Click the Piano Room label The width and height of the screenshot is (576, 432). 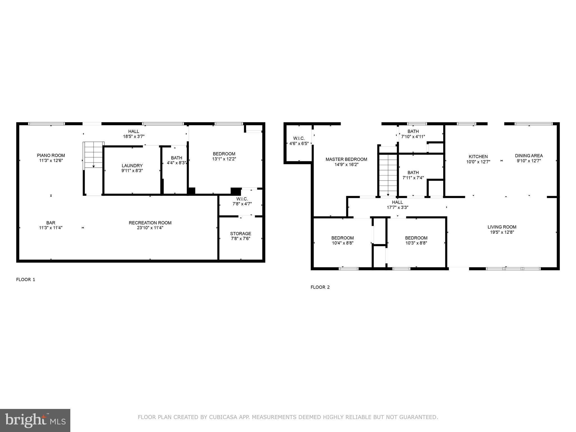tap(51, 155)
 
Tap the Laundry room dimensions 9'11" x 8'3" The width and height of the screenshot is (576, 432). tap(132, 170)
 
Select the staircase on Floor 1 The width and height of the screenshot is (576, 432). tap(94, 155)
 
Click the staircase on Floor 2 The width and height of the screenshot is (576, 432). tap(388, 174)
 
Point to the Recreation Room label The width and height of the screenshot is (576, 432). tap(150, 223)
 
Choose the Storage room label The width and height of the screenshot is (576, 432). tap(240, 233)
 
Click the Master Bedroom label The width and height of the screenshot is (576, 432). tap(346, 159)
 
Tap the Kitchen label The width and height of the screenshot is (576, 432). tap(478, 156)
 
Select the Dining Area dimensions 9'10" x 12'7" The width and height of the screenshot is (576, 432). tap(529, 161)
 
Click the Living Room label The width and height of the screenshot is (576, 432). tap(502, 227)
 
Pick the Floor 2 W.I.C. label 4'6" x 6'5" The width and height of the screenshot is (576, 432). tap(299, 141)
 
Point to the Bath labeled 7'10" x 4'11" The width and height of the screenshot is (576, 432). tap(413, 134)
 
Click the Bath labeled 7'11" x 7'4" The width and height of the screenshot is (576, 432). tap(413, 175)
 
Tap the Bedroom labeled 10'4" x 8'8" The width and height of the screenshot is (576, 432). tap(343, 240)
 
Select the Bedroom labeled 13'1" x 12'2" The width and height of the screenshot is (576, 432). tap(224, 156)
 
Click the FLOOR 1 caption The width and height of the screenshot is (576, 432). tap(26, 280)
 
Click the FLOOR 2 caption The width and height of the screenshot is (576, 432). tap(320, 287)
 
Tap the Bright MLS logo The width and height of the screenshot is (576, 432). tap(35, 420)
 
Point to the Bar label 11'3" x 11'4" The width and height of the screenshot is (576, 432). tap(51, 225)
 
